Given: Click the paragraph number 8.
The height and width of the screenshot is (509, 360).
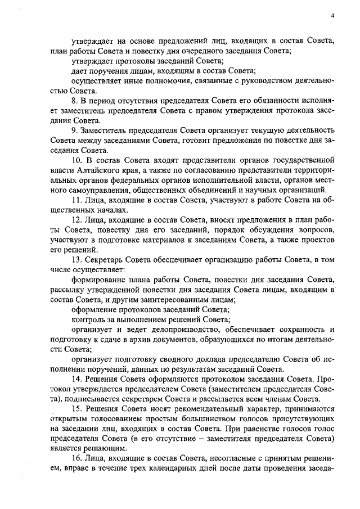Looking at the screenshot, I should point(75,101).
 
